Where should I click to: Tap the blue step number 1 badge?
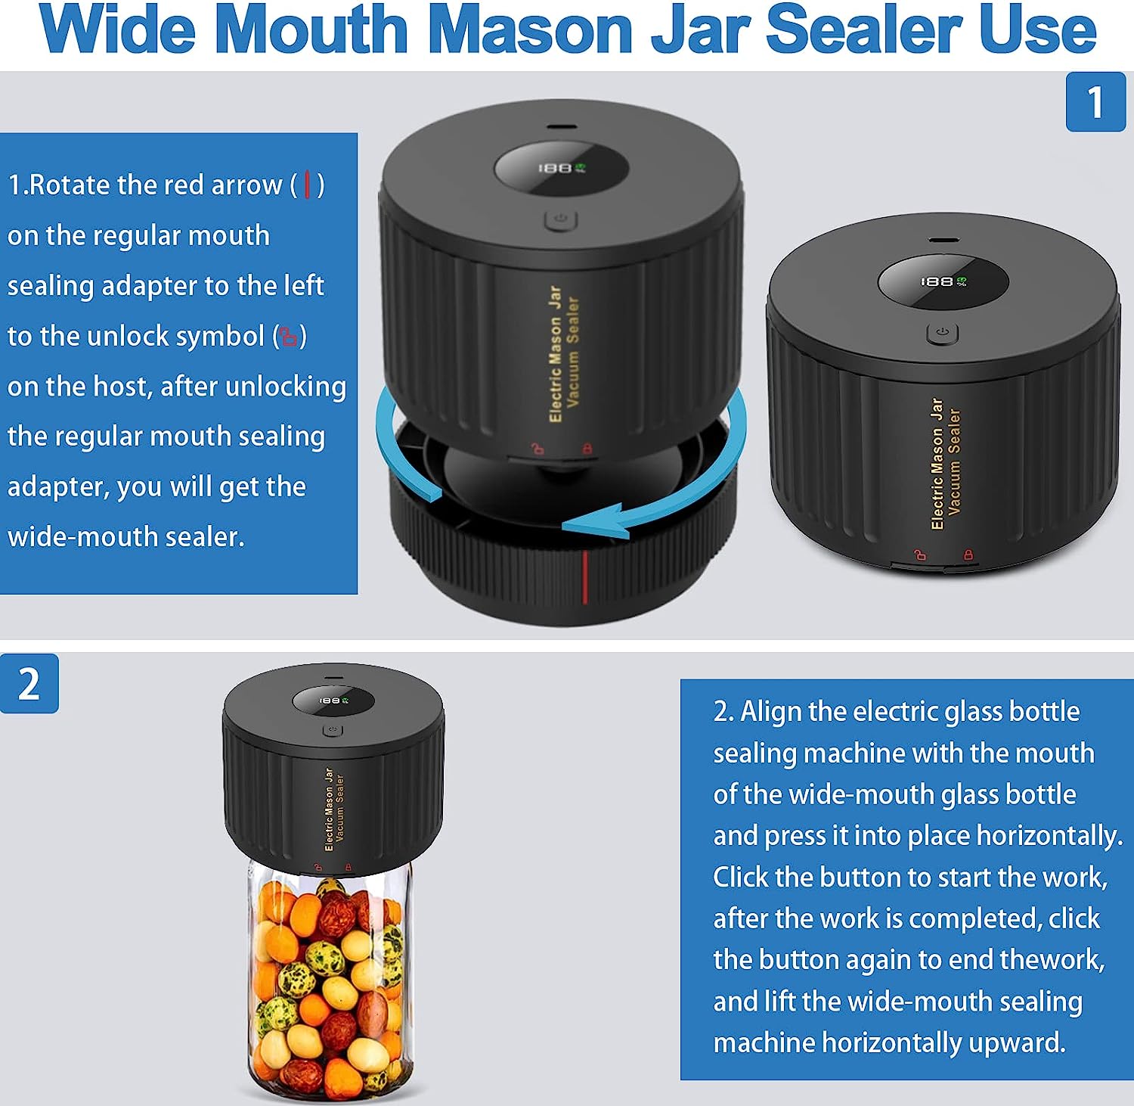coord(1095,102)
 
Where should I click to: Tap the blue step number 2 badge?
coord(29,684)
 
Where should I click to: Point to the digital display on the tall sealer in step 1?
coord(561,168)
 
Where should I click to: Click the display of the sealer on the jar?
coord(333,701)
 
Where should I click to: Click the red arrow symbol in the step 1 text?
coord(307,185)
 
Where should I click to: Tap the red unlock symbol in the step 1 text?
coord(289,336)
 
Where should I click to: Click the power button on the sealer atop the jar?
coord(333,730)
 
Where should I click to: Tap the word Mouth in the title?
coord(311,30)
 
